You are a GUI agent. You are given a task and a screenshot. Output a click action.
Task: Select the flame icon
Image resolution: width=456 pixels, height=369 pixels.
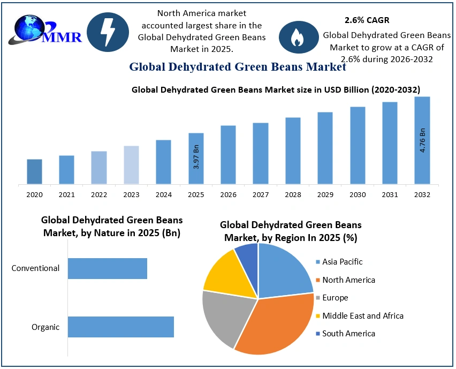(x=297, y=36)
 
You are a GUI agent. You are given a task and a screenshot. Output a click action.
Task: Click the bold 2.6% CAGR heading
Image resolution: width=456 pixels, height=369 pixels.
(x=367, y=20)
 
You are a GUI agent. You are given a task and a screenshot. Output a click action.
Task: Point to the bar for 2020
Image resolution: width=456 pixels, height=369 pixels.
(x=34, y=171)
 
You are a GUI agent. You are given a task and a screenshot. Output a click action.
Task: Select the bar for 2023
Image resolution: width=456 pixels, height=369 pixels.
(x=131, y=165)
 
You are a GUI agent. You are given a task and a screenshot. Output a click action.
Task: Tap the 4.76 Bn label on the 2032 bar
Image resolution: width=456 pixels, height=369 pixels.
(x=422, y=140)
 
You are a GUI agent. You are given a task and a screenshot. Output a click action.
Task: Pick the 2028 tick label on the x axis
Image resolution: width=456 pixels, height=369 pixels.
(x=293, y=195)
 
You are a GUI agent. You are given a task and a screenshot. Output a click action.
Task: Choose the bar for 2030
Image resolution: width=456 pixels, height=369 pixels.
(x=358, y=145)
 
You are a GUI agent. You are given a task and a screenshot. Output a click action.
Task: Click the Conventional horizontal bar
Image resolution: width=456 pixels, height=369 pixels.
(x=107, y=268)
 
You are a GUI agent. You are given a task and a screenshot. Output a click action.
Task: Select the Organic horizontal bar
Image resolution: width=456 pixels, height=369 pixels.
(x=120, y=327)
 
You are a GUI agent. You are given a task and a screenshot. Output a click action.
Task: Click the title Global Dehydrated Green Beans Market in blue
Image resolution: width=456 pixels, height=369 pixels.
(x=237, y=67)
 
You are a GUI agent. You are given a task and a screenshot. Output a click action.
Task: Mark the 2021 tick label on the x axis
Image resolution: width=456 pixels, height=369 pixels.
(x=66, y=195)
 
